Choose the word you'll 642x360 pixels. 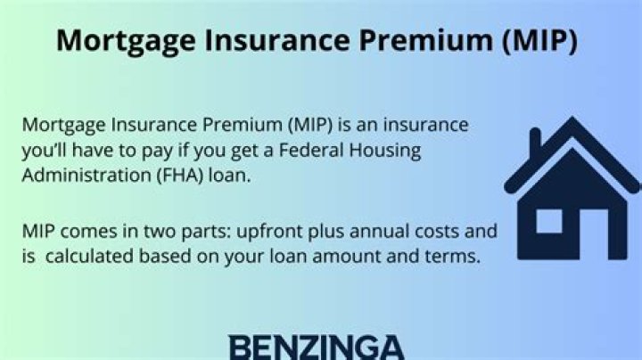point(48,150)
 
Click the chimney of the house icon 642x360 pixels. point(535,143)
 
